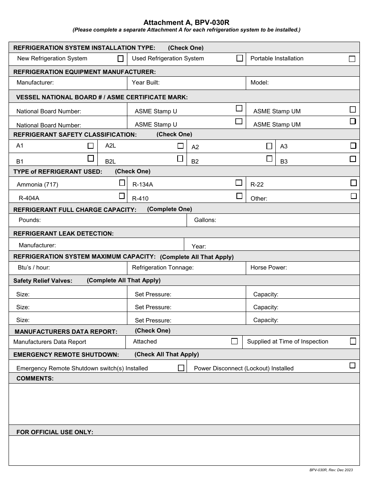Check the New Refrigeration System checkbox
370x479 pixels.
pyautogui.click(x=120, y=59)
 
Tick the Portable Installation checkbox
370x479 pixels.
pyautogui.click(x=352, y=59)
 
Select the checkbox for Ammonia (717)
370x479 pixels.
pyautogui.click(x=122, y=183)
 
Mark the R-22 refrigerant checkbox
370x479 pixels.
pyautogui.click(x=353, y=183)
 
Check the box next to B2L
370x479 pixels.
pyautogui.click(x=180, y=159)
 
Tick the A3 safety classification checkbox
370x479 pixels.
pyautogui.click(x=353, y=146)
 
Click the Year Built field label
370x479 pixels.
pyautogui.click(x=146, y=83)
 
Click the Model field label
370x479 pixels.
pyautogui.click(x=259, y=83)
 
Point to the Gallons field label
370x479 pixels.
pyautogui.click(x=205, y=220)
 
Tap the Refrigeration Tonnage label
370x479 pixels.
pyautogui.click(x=162, y=268)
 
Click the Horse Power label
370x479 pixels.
pyautogui.click(x=268, y=268)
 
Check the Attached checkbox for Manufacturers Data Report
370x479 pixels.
pyautogui.click(x=234, y=341)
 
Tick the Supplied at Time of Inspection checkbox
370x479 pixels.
pyautogui.click(x=353, y=341)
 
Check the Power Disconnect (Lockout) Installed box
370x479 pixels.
pyautogui.click(x=352, y=365)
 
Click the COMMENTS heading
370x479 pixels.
pyautogui.click(x=35, y=379)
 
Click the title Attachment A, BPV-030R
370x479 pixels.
pyautogui.click(x=186, y=23)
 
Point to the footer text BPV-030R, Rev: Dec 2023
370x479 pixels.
pyautogui.click(x=331, y=470)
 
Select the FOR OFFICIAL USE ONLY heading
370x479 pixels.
pyautogui.click(x=55, y=432)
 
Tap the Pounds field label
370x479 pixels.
pyautogui.click(x=30, y=220)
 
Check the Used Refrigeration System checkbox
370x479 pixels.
pyautogui.click(x=240, y=58)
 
